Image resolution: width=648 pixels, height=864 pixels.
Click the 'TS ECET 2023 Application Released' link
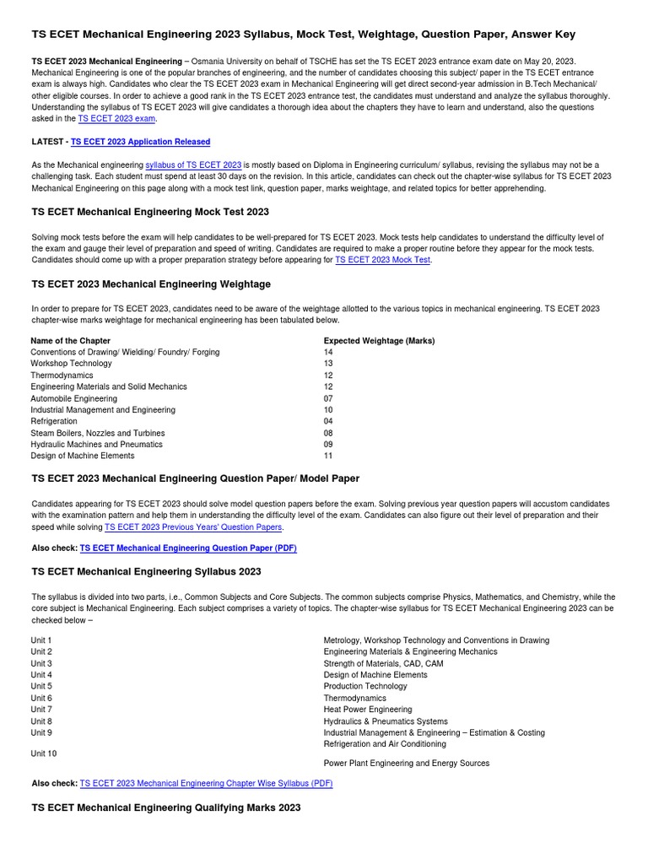click(140, 142)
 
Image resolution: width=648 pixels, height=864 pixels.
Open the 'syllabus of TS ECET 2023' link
click(193, 165)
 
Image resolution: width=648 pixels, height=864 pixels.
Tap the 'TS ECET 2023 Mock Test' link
click(383, 261)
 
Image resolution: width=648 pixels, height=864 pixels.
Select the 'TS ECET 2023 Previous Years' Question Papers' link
click(193, 526)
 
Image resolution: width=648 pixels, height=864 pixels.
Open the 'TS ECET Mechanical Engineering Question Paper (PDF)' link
click(188, 548)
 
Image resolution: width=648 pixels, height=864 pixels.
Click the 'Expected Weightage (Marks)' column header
click(379, 341)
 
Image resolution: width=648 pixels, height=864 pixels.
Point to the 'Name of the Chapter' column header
click(71, 341)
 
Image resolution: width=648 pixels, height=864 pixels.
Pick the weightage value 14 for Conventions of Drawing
click(328, 353)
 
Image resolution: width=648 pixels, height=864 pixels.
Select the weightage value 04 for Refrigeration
click(328, 421)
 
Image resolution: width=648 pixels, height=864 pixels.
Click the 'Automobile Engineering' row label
click(74, 398)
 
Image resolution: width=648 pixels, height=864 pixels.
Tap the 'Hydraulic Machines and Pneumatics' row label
click(97, 444)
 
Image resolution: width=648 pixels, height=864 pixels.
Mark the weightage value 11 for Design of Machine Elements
click(328, 456)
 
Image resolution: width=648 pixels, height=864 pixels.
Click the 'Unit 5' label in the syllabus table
click(41, 687)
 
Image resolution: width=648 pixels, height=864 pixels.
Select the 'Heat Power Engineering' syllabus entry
click(368, 710)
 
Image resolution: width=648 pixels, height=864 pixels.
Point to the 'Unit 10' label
click(44, 753)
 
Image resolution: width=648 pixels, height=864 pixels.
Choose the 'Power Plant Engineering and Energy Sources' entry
click(406, 764)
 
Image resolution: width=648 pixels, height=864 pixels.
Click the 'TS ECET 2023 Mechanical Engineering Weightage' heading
click(151, 284)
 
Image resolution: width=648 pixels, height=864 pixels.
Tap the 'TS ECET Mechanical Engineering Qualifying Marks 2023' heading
click(165, 808)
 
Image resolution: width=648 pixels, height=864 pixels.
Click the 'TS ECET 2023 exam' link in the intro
click(116, 119)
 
